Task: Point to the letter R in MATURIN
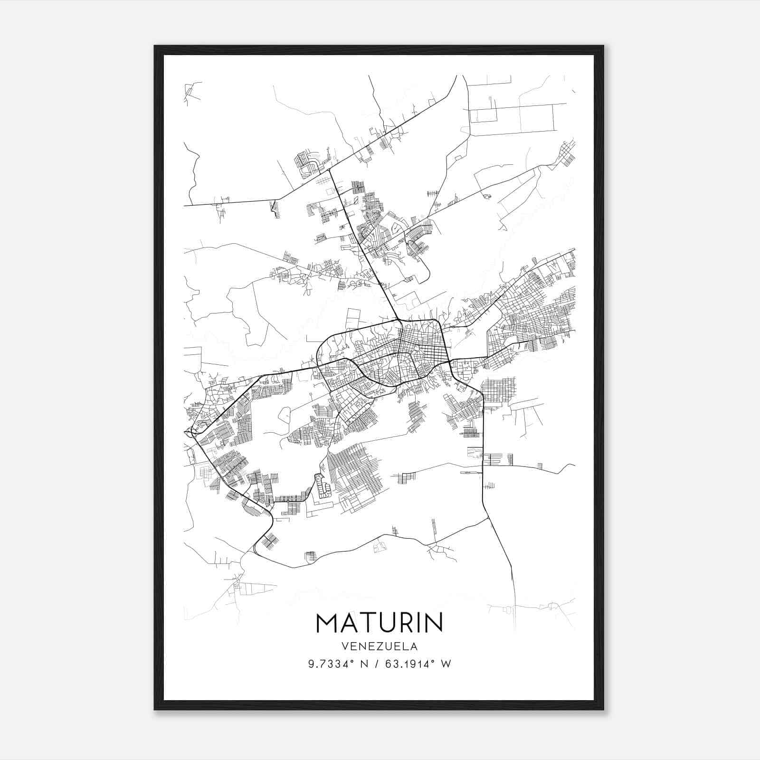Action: coord(403,623)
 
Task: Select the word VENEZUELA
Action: coord(380,646)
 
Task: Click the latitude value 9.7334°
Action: coord(332,664)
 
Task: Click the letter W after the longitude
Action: coord(446,664)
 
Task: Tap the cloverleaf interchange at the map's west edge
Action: coord(192,432)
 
